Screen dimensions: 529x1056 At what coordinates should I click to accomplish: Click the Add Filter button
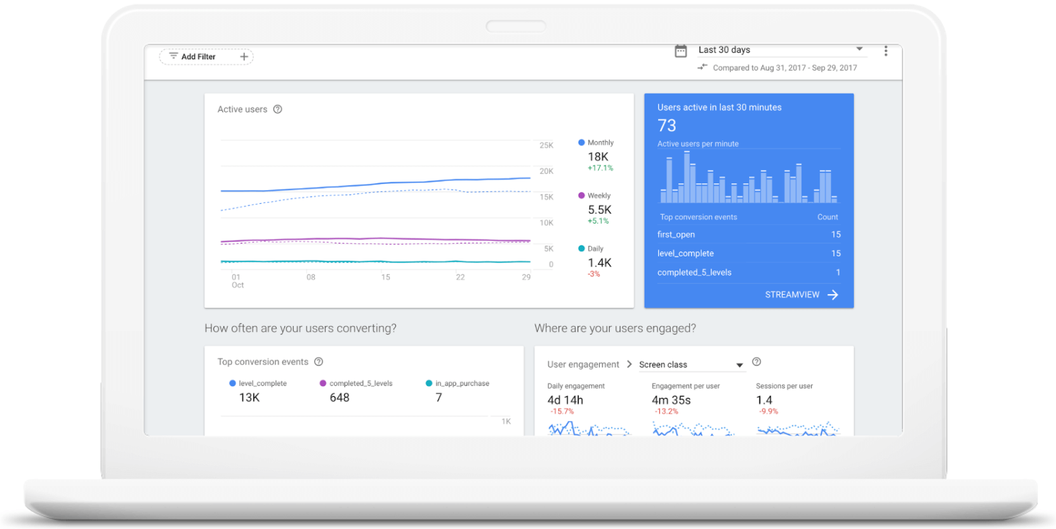tap(205, 57)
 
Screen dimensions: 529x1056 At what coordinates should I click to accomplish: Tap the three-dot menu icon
tap(886, 51)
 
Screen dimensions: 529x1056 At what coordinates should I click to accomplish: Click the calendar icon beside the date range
tap(680, 51)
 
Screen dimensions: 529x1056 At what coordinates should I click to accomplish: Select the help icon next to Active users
tap(278, 109)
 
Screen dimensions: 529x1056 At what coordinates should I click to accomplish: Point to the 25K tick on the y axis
tap(546, 145)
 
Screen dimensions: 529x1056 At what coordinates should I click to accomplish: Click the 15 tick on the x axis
tap(385, 277)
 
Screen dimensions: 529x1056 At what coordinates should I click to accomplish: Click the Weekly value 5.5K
tap(600, 210)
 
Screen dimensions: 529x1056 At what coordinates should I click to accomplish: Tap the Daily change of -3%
tap(594, 274)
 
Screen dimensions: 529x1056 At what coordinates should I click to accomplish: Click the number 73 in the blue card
tap(667, 125)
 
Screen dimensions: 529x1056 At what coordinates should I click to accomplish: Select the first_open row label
tap(676, 234)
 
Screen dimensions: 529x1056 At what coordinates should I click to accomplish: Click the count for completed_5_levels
tap(838, 272)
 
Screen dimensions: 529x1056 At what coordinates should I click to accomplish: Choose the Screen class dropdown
tap(690, 365)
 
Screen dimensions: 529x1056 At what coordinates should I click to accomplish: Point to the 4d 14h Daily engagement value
tap(565, 400)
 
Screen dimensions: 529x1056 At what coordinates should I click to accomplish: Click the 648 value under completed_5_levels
tap(339, 398)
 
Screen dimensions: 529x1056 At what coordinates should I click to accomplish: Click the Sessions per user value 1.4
tap(764, 400)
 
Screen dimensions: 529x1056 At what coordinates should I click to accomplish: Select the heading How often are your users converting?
tap(300, 328)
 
